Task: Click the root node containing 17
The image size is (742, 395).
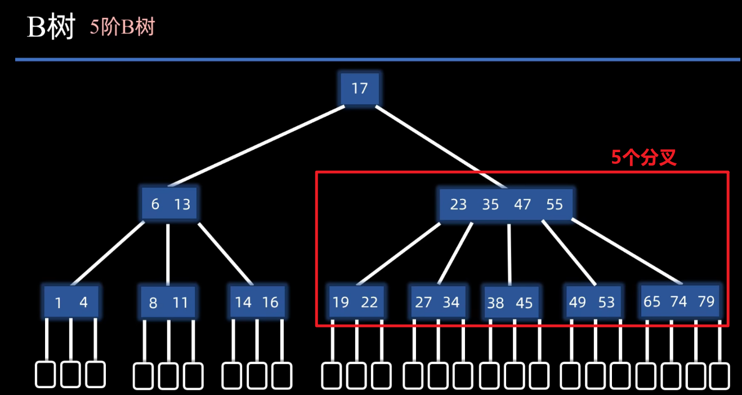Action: (360, 88)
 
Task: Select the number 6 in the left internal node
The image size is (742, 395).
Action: (155, 204)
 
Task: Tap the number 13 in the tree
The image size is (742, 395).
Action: (182, 204)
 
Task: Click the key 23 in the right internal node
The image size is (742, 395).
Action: (458, 204)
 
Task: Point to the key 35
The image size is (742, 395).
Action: (490, 204)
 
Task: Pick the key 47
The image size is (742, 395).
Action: (522, 204)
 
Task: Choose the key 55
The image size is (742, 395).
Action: (555, 204)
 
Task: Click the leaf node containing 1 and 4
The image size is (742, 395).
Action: (71, 302)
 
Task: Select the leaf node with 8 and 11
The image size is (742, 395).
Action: (168, 303)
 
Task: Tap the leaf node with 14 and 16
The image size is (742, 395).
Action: (257, 302)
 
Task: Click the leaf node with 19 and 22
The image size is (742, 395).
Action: (356, 302)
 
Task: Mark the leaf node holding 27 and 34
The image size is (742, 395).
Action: (437, 302)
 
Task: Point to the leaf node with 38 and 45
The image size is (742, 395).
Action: (510, 303)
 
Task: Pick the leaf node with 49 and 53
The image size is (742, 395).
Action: (592, 302)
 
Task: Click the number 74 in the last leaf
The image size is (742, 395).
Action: (679, 301)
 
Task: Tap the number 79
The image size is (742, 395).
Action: (705, 301)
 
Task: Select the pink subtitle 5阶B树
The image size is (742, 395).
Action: (122, 27)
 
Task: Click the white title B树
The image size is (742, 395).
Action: (51, 27)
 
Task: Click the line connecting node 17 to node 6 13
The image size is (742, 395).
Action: (256, 146)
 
